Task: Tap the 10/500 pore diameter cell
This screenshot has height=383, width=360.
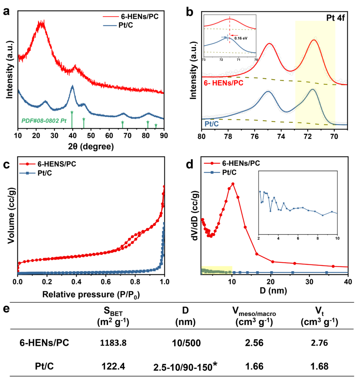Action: tap(186, 343)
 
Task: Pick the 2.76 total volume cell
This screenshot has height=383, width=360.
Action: tap(319, 343)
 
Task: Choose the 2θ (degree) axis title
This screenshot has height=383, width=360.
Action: tap(90, 146)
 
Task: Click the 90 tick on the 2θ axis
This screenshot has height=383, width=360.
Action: tap(163, 136)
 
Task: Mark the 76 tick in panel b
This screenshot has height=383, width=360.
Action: tap(254, 136)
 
